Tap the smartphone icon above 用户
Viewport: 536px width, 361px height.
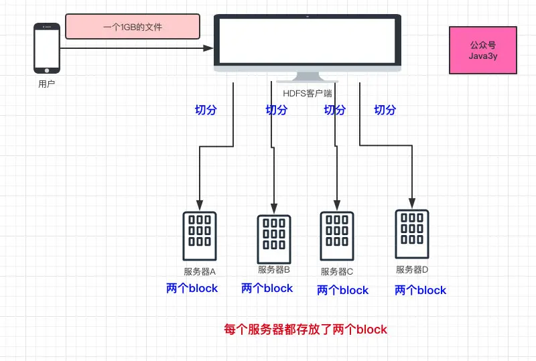[47, 48]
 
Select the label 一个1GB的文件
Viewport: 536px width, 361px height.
[133, 27]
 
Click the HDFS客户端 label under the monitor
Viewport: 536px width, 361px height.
[308, 94]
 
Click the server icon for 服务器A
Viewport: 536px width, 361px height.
[200, 236]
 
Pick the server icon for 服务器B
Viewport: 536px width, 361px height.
[273, 239]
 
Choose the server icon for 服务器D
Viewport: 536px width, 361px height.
[411, 234]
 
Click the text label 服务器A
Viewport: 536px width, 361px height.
[200, 272]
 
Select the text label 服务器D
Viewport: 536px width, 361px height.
[412, 270]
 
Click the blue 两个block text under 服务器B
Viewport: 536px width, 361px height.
[267, 288]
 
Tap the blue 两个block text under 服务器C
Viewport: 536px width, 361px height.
[342, 290]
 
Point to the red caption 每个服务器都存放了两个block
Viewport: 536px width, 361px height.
[306, 330]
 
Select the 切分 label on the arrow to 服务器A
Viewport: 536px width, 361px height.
[205, 110]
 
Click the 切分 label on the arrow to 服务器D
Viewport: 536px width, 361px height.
[385, 110]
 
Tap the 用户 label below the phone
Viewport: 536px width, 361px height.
[47, 84]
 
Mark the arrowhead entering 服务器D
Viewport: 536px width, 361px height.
[411, 202]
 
